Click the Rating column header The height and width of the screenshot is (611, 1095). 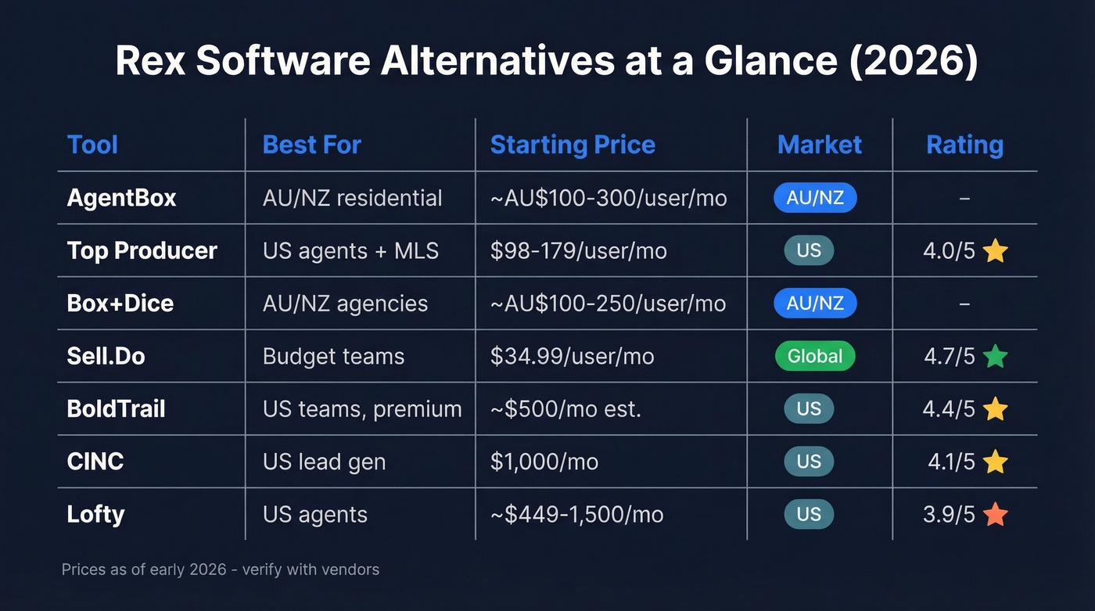(964, 145)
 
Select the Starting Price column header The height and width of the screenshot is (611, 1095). (573, 145)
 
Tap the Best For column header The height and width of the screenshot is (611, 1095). (311, 145)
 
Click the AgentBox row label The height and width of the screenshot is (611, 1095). (122, 198)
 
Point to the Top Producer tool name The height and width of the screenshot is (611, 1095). (142, 250)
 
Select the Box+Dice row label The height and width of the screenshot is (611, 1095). (120, 303)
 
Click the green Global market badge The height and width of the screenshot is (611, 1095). (815, 356)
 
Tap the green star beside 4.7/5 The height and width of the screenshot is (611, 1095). (995, 357)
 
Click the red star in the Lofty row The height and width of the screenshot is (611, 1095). (995, 515)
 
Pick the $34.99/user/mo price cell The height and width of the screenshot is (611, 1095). (572, 356)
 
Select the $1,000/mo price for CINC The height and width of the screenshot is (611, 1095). (544, 462)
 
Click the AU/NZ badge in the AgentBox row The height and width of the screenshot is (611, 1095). (815, 198)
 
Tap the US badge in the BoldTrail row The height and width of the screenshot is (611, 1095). (809, 409)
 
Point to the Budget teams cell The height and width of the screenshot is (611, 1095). (333, 356)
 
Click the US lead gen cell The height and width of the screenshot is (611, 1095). (324, 462)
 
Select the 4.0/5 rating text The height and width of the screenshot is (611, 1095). (949, 251)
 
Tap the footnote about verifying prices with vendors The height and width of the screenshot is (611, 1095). (221, 570)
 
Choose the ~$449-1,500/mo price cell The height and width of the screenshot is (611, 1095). (576, 514)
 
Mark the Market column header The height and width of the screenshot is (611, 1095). (819, 145)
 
